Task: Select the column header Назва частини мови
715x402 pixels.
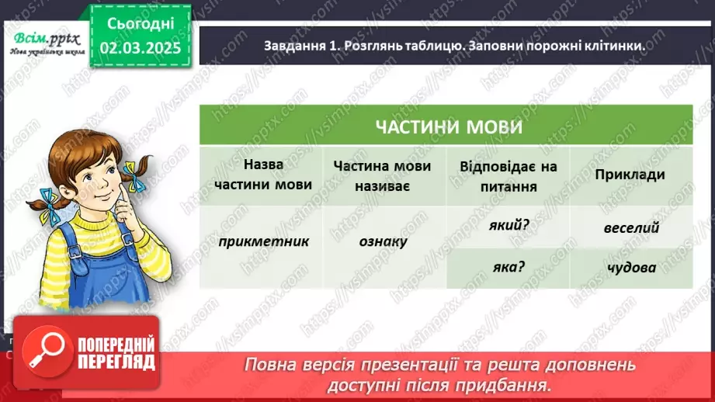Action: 262,175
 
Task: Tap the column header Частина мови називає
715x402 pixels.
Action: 384,175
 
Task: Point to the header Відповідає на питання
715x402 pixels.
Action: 508,175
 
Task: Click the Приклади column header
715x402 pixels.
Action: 630,175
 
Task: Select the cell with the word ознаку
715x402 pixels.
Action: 384,241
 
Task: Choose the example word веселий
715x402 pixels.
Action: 630,227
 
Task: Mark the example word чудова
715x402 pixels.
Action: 630,268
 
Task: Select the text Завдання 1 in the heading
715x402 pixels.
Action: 296,47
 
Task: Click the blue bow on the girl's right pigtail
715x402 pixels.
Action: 136,175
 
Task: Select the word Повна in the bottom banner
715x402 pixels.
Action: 270,365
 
